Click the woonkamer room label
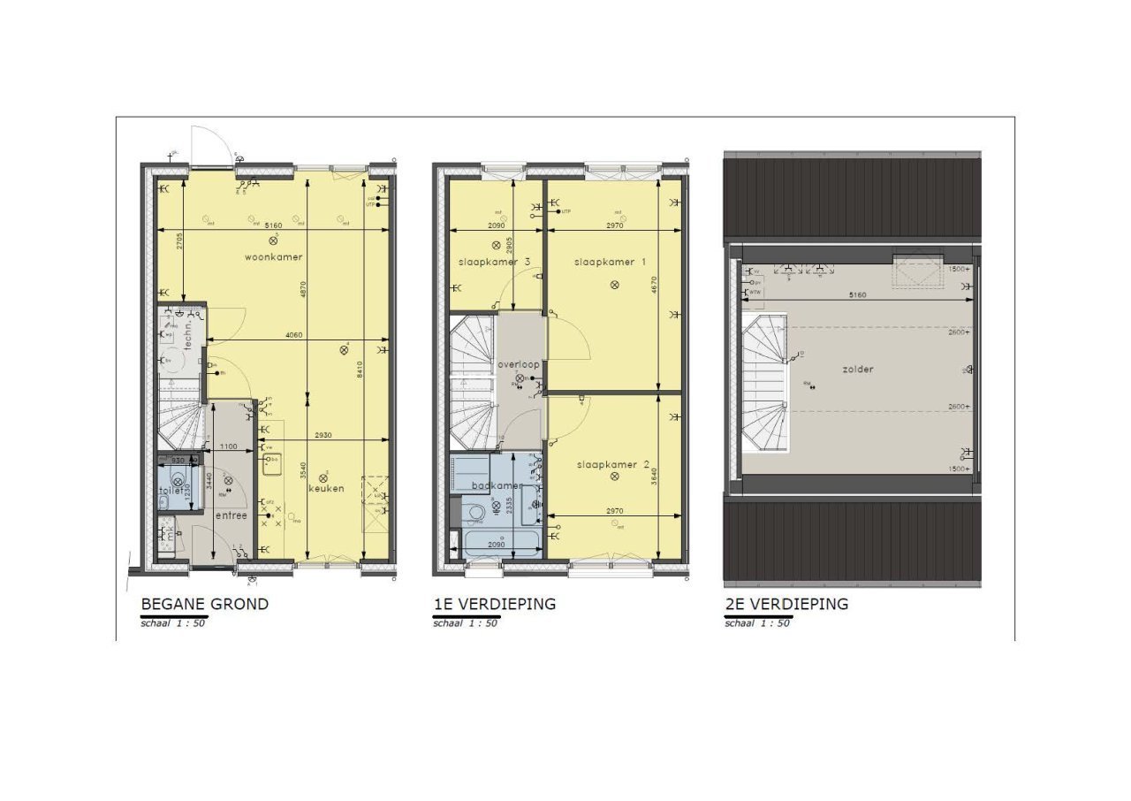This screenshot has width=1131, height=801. click(274, 257)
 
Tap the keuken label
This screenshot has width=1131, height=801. click(326, 488)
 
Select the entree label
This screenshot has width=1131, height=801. click(232, 515)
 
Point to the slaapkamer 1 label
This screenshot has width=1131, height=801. click(611, 263)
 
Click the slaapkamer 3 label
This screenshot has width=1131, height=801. click(494, 263)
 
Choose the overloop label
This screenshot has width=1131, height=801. click(519, 364)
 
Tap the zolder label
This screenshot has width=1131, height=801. click(857, 369)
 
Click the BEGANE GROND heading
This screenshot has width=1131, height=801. click(204, 605)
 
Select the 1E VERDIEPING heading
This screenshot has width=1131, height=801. click(494, 605)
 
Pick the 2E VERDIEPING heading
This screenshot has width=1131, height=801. click(786, 605)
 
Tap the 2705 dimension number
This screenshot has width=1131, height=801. click(178, 240)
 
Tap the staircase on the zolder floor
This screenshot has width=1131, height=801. click(766, 388)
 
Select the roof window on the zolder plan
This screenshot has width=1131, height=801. click(917, 271)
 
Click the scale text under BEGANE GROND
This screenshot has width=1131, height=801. click(173, 622)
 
